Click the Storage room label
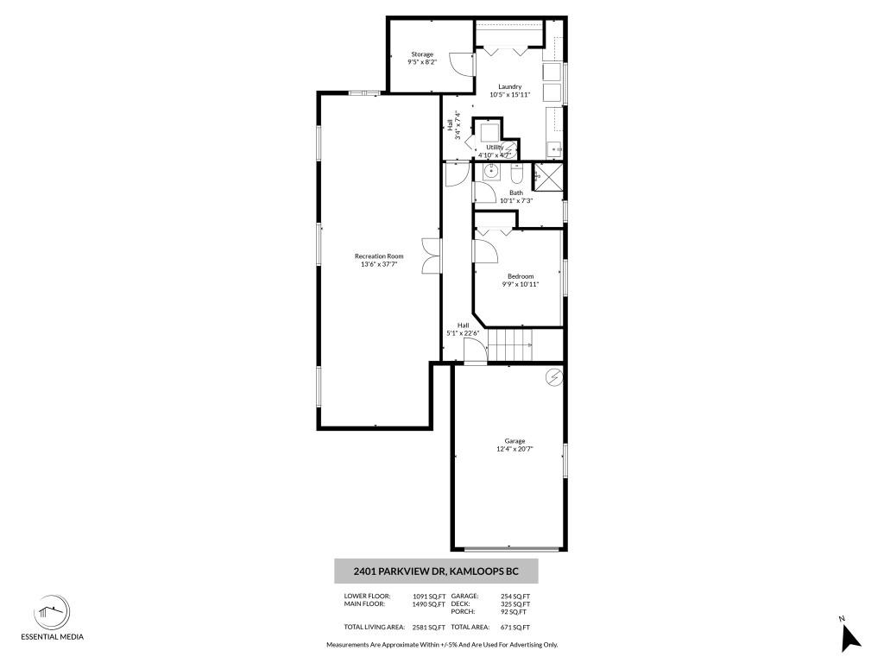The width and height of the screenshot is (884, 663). (x=422, y=54)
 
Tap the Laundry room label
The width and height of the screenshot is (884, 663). (x=510, y=86)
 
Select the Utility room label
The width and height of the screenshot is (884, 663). (x=494, y=147)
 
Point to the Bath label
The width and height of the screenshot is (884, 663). (x=515, y=193)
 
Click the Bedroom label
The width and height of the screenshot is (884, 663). (x=521, y=276)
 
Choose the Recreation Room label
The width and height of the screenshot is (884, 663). (x=379, y=256)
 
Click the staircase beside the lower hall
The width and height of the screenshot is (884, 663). (x=510, y=346)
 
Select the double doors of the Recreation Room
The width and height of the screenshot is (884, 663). (x=432, y=256)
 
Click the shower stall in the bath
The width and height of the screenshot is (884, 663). (x=547, y=175)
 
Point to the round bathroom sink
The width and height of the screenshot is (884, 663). (x=490, y=171)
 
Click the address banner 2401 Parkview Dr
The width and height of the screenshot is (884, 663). (x=436, y=571)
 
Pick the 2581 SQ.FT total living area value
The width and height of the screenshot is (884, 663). (x=429, y=628)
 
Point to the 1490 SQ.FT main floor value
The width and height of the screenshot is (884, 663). (x=429, y=604)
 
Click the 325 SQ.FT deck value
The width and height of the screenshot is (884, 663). (x=515, y=604)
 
